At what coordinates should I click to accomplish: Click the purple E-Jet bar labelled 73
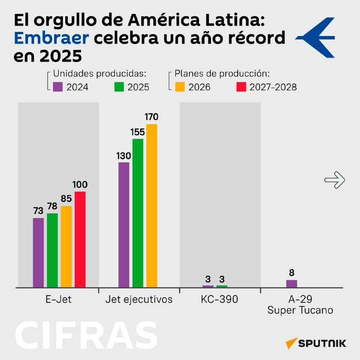click(38, 252)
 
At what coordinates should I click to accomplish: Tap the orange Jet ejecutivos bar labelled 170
click(152, 205)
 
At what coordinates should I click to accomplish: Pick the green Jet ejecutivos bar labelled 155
click(138, 213)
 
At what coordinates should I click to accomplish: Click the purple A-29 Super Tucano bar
click(292, 283)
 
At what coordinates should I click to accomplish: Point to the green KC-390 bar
click(222, 286)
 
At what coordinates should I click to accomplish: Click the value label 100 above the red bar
click(80, 184)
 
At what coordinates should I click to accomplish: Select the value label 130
click(123, 156)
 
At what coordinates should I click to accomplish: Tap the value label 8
click(292, 273)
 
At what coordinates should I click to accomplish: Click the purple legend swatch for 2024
click(57, 86)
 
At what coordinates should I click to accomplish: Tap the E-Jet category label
click(59, 299)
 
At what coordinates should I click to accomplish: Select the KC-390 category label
click(220, 299)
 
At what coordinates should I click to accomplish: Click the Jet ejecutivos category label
click(139, 299)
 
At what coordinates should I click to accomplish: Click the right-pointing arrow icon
click(334, 180)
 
